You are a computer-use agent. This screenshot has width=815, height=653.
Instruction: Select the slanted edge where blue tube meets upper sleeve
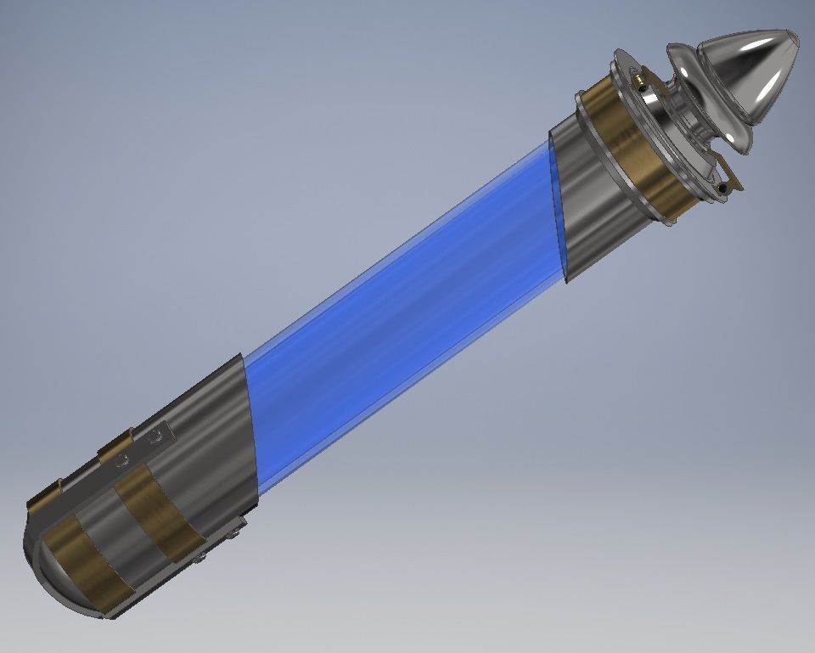557,212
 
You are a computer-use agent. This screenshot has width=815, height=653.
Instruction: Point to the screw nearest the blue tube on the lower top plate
155,438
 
